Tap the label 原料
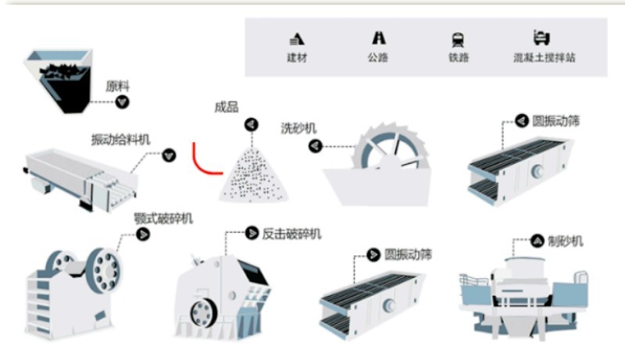pyautogui.click(x=118, y=86)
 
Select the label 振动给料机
pyautogui.click(x=121, y=139)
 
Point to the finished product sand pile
pyautogui.click(x=253, y=175)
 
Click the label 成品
pyautogui.click(x=227, y=107)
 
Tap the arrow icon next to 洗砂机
pyautogui.click(x=316, y=146)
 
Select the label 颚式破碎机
pyautogui.click(x=163, y=218)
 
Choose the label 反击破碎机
pyautogui.click(x=291, y=233)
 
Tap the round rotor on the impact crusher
pyautogui.click(x=203, y=312)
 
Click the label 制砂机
pyautogui.click(x=565, y=241)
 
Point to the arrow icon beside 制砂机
pyautogui.click(x=537, y=241)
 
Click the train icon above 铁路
pyautogui.click(x=458, y=40)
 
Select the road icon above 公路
pyautogui.click(x=378, y=38)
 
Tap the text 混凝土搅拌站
pyautogui.click(x=544, y=58)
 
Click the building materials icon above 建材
pyautogui.click(x=297, y=39)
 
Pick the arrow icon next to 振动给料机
pyautogui.click(x=169, y=155)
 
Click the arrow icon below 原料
pyautogui.click(x=123, y=102)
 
